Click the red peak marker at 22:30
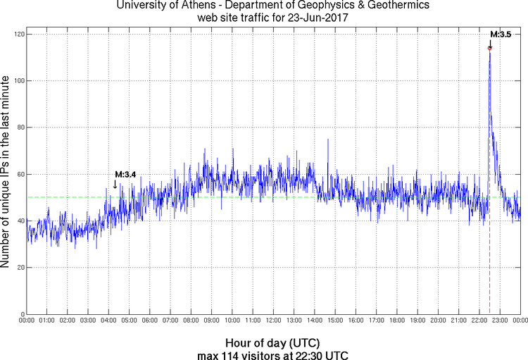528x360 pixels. (x=489, y=48)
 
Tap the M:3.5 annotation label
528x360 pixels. (x=501, y=34)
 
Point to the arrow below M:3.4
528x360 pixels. (x=115, y=185)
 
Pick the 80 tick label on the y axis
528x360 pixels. (x=20, y=128)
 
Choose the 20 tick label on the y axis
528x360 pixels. (x=20, y=268)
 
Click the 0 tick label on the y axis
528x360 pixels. (x=22, y=314)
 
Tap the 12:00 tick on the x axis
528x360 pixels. (x=274, y=321)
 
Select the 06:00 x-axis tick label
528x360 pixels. (x=150, y=321)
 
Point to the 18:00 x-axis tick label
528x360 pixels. (x=397, y=321)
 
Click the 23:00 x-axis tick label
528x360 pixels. (x=500, y=321)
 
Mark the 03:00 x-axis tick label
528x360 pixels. (x=89, y=321)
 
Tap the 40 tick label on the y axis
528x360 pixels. (x=20, y=221)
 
